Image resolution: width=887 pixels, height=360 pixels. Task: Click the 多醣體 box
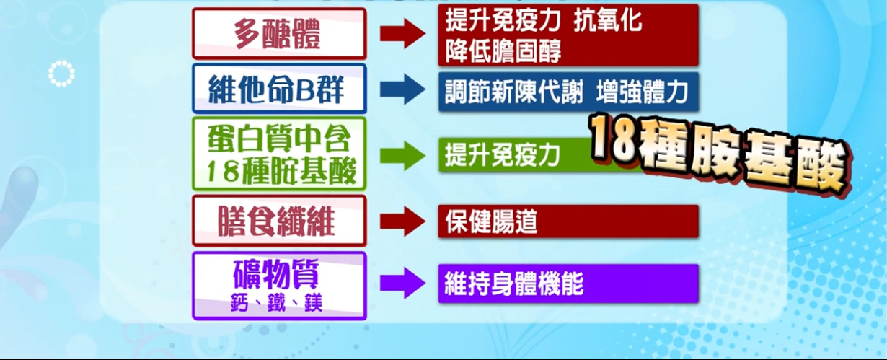279,34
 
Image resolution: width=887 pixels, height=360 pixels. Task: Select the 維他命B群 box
279,89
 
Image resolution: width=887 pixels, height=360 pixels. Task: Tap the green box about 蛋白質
279,154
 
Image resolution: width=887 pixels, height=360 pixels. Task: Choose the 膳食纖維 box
279,221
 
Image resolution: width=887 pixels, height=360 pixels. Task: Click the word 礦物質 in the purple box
276,274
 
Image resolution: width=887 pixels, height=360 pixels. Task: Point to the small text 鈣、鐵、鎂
276,304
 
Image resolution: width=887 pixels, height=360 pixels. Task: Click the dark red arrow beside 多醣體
402,34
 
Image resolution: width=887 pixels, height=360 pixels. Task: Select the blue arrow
402,89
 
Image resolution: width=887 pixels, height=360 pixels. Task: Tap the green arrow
402,155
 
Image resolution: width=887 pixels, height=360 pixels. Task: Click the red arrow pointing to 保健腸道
402,221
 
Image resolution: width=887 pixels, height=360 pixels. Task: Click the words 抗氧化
608,20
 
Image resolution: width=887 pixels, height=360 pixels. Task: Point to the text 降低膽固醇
503,51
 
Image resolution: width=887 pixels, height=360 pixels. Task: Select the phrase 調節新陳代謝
514,92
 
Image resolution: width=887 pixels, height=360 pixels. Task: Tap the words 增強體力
642,92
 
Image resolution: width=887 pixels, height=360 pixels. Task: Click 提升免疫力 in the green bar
503,155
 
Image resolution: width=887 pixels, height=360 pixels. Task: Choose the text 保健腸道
491,221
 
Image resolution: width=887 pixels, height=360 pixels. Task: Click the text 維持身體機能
514,284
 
